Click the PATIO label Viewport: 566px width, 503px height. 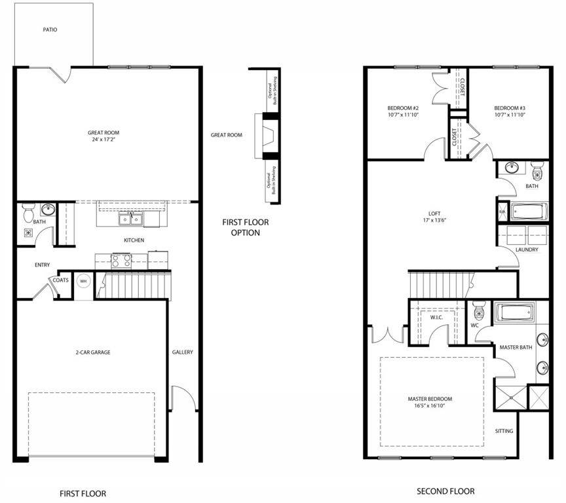(x=50, y=29)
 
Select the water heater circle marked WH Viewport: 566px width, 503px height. (x=83, y=281)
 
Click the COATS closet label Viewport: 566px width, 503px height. (x=61, y=280)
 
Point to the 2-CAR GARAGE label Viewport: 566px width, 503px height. (x=92, y=352)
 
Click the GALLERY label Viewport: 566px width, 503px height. (x=183, y=352)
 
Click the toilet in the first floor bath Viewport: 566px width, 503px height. (x=28, y=214)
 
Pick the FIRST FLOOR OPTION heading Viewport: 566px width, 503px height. (x=245, y=227)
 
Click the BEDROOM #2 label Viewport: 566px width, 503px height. (x=403, y=108)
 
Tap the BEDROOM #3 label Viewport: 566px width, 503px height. (x=510, y=108)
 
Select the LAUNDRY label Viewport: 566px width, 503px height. (x=527, y=250)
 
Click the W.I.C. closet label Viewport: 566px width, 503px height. (x=437, y=318)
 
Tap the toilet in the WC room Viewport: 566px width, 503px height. (x=479, y=308)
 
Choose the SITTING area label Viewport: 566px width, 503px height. (x=504, y=431)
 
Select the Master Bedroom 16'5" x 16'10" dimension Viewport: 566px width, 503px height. (x=430, y=407)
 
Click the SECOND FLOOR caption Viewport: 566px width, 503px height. (x=445, y=491)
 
